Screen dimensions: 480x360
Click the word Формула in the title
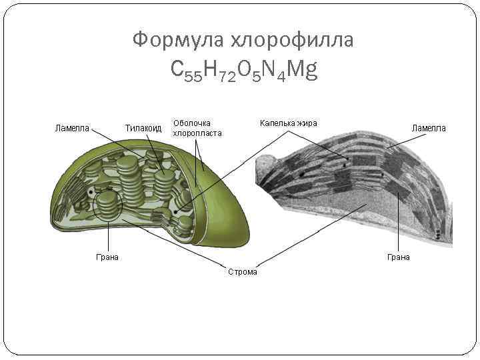coord(178,41)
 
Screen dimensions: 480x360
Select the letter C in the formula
coord(178,69)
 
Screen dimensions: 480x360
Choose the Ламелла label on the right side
coord(429,127)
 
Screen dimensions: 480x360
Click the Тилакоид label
coord(143,127)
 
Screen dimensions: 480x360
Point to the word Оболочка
coord(192,123)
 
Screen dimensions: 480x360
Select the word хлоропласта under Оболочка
coord(197,133)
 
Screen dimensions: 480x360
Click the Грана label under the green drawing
coord(107,257)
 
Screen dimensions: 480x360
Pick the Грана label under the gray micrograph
coord(399,257)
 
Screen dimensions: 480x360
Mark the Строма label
coord(243,271)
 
